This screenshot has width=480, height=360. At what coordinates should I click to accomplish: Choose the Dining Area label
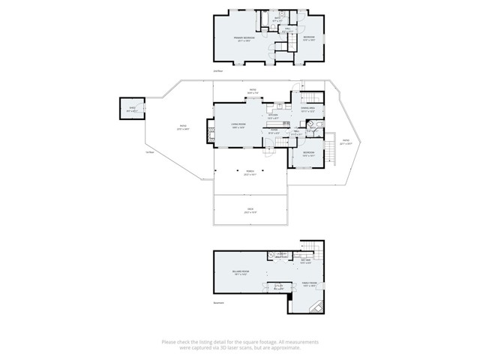point(307,110)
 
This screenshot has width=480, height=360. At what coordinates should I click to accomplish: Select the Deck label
point(250,211)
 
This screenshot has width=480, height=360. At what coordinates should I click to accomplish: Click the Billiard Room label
point(241,274)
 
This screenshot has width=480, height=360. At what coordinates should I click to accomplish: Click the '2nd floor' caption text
point(219,71)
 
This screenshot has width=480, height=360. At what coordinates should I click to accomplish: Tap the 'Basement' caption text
point(219,303)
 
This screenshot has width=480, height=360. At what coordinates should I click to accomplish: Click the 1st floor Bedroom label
point(307,155)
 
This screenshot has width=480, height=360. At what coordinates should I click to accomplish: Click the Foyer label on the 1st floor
point(274,130)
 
